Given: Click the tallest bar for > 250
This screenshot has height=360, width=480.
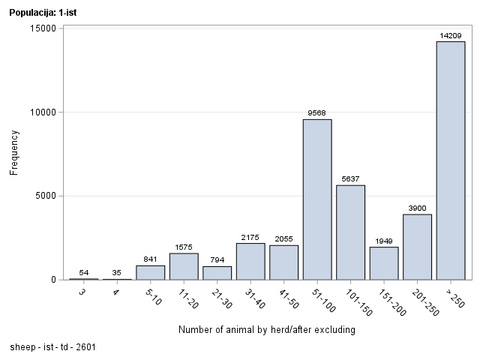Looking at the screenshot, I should point(451,160).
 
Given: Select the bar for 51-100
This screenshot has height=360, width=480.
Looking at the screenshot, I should point(317,199).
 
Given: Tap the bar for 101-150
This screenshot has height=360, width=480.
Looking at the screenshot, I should point(350,232).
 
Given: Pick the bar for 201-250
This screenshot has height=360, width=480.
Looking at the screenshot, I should point(417,247).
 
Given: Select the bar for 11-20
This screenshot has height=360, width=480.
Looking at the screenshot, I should point(184,266).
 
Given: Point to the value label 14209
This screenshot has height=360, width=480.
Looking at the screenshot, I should point(451,35).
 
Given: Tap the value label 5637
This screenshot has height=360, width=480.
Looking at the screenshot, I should point(350,179).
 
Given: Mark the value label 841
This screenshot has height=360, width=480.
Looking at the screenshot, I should point(150,259).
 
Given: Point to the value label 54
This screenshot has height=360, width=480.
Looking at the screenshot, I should point(83,272).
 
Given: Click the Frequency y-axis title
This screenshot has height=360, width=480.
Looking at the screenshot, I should point(14,153).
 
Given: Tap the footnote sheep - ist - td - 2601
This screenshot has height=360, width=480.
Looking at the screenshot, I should point(52,347).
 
